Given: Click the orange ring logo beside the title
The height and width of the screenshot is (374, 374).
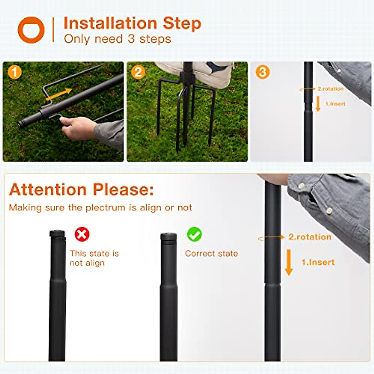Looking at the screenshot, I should point(31,30).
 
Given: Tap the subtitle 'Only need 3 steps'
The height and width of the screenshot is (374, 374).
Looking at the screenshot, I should point(117,39).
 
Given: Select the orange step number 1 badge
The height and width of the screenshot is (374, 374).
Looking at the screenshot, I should point(14,72).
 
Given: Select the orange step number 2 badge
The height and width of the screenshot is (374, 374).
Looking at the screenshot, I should point(138,72).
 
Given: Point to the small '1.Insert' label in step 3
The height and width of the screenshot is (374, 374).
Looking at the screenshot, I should point(335,104).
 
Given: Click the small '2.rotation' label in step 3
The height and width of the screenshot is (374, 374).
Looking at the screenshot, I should point(330,89).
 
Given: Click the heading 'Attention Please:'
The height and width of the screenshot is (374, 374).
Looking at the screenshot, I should point(81,189).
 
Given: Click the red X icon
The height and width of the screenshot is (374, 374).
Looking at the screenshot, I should point(82,234).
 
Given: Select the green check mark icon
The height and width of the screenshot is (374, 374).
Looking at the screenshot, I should point(194,234).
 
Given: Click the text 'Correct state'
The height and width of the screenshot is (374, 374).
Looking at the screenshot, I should point(211,253).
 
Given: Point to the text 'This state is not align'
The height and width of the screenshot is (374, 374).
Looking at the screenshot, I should point(94,258).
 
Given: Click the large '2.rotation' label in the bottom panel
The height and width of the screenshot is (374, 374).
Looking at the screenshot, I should point(310,237).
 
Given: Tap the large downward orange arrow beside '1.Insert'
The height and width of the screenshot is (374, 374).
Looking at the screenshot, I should point(289,262).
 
